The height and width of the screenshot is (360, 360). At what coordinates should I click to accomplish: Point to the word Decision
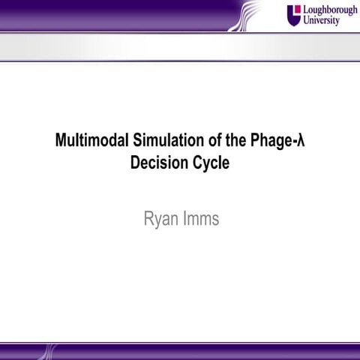157,161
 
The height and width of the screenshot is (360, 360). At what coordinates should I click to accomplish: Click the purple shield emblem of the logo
293,14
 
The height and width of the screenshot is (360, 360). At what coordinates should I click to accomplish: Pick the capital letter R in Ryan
147,220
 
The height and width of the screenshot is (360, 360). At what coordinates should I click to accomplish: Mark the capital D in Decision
135,161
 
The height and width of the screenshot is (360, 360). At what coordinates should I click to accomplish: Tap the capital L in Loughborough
304,10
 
